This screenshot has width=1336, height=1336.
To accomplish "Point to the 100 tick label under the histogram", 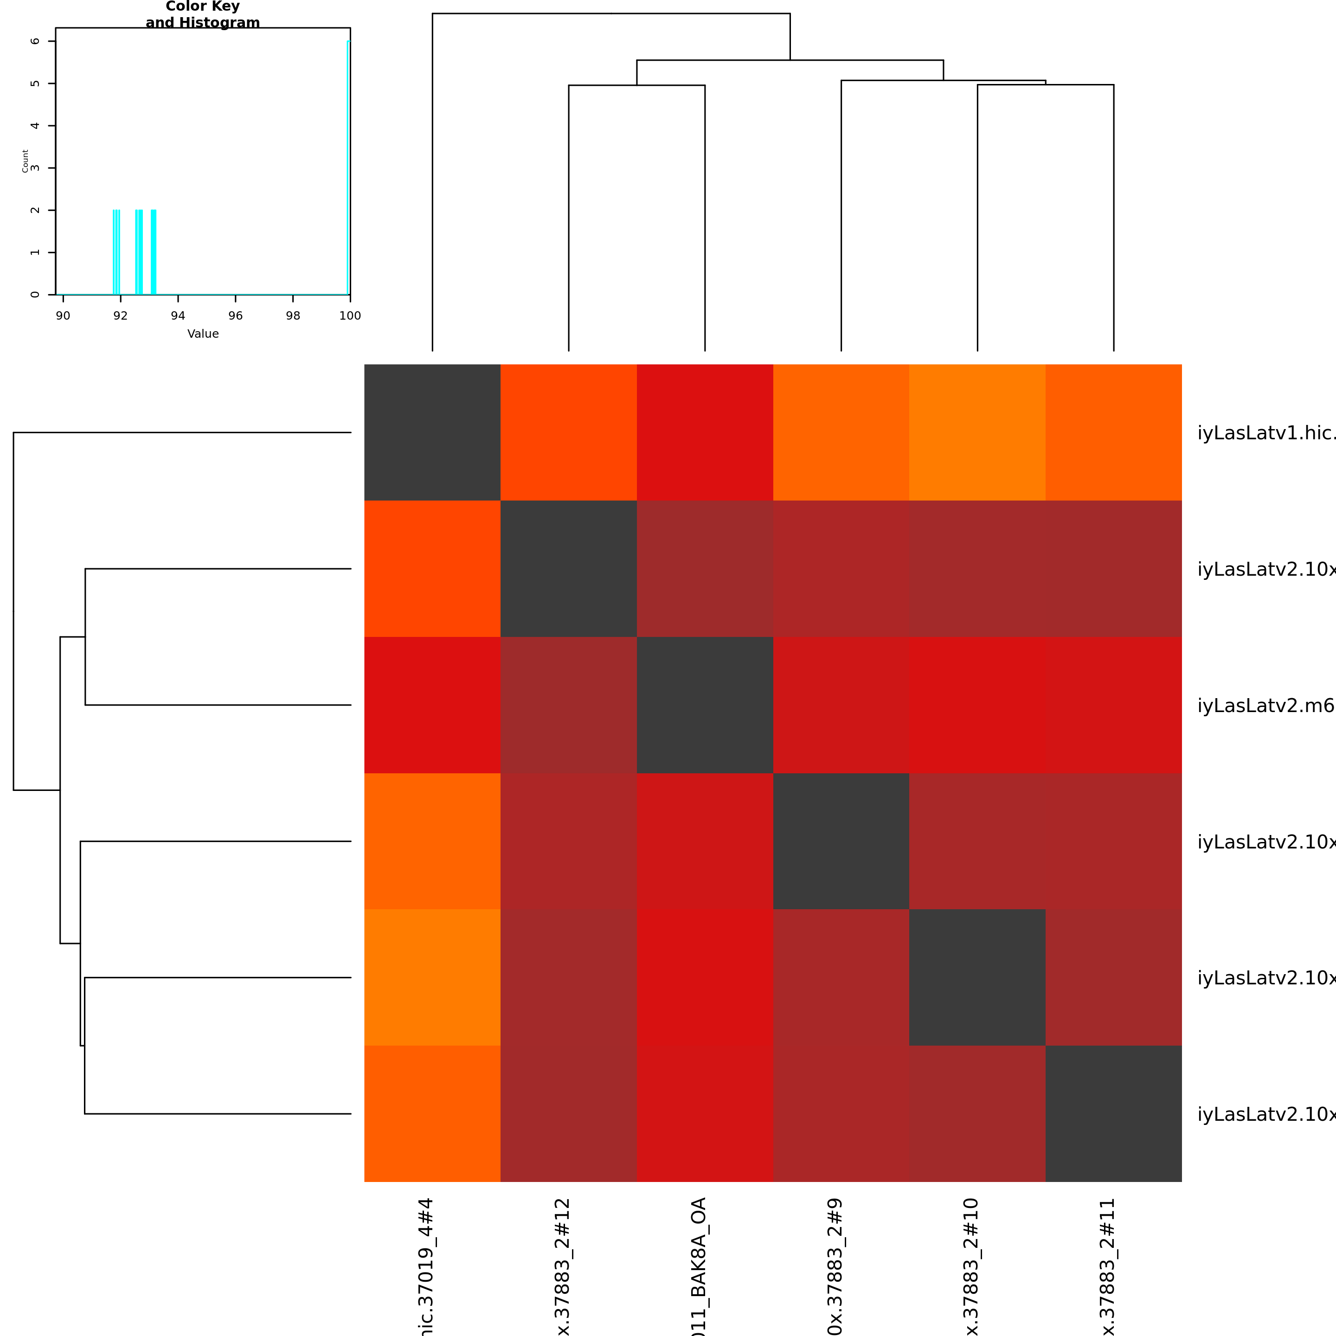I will click(x=350, y=316).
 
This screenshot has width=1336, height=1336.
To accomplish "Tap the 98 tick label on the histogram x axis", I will click(x=293, y=316).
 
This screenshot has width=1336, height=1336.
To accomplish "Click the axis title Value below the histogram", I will click(x=203, y=334).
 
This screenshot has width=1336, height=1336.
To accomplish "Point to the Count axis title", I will click(x=26, y=161).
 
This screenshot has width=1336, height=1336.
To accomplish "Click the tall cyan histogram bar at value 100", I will click(x=348, y=166).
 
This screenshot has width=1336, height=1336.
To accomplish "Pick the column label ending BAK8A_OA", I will click(x=699, y=1265).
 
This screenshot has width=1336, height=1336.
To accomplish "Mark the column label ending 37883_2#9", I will click(x=835, y=1265).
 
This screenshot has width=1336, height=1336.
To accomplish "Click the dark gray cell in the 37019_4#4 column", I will click(x=432, y=432).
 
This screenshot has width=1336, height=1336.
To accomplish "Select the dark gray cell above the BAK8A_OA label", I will click(x=705, y=705).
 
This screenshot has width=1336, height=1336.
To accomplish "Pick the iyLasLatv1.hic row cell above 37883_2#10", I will click(x=977, y=432).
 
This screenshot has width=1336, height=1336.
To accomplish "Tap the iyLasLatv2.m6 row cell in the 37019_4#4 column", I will click(x=432, y=705).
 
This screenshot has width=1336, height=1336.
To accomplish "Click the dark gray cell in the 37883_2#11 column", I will click(x=1113, y=1113).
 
